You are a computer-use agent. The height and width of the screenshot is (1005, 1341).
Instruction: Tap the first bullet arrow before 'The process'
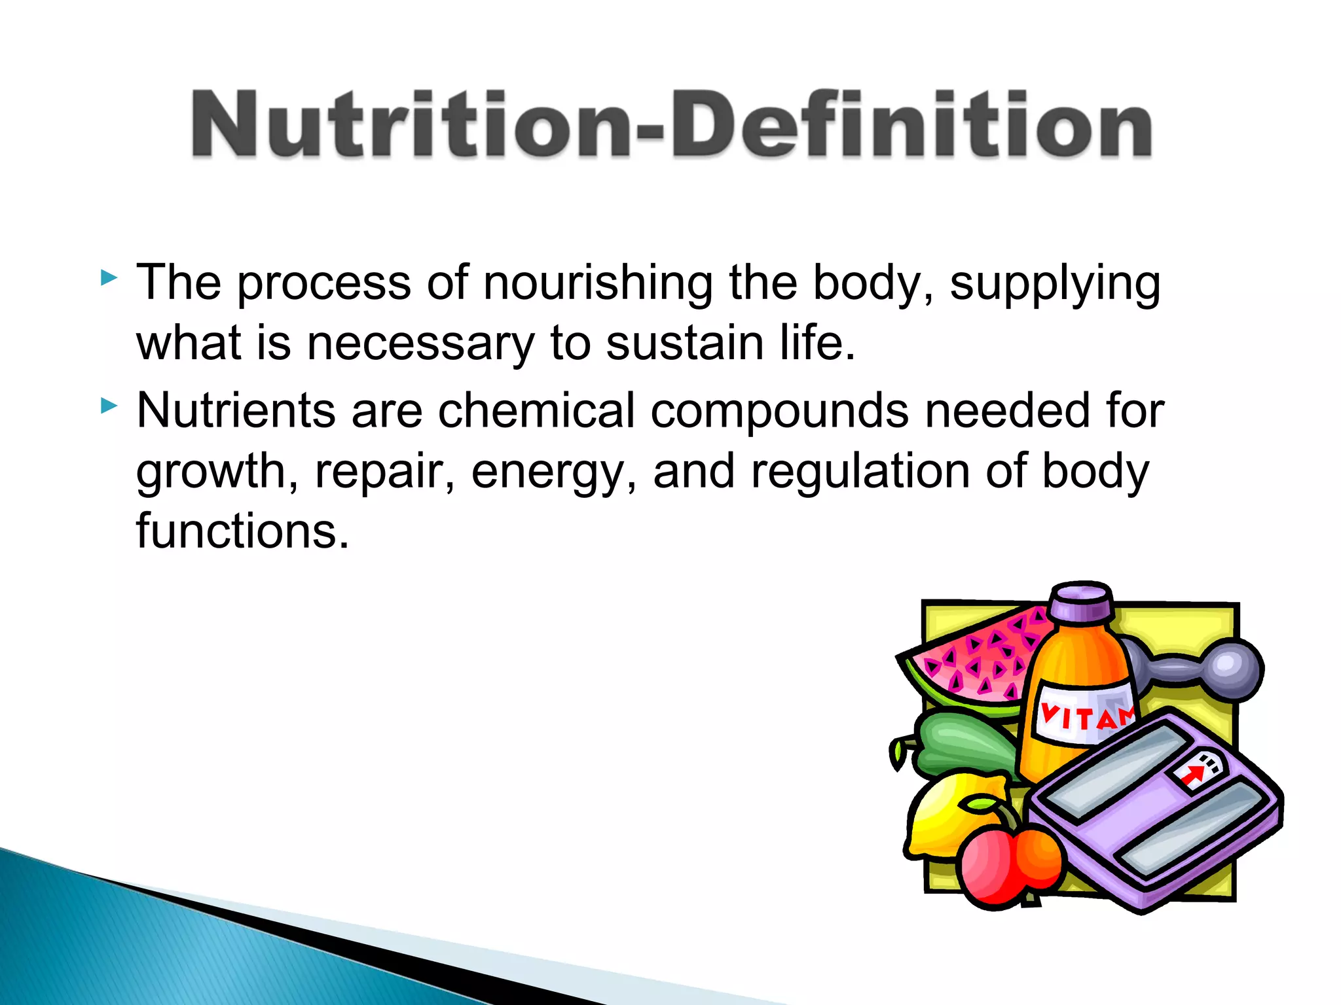[x=109, y=278]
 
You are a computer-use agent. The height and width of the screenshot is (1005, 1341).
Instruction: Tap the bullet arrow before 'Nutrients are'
[x=109, y=406]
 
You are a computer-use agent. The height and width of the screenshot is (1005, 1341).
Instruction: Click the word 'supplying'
[x=1055, y=285]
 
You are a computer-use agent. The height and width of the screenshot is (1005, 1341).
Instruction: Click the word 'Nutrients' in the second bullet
[x=236, y=410]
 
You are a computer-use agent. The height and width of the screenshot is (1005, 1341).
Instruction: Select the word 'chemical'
[x=536, y=410]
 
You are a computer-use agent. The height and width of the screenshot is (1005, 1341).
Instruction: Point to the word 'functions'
[x=242, y=531]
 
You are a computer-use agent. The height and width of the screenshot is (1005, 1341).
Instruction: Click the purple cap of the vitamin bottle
[x=1082, y=601]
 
